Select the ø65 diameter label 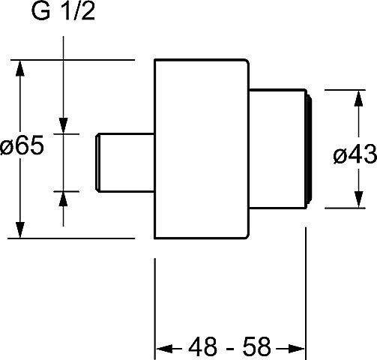(x=22, y=145)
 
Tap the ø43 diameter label (x=355, y=154)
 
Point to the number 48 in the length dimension (x=202, y=346)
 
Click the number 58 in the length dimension (x=257, y=346)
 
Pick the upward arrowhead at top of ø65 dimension (x=20, y=68)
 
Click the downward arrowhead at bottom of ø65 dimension (x=20, y=230)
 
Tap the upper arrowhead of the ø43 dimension (x=358, y=99)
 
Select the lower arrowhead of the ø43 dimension (x=358, y=199)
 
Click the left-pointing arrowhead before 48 (x=164, y=348)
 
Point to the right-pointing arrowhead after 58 (x=297, y=348)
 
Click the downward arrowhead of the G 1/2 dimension (x=63, y=126)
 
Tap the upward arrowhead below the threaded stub (x=63, y=199)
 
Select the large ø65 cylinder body (x=202, y=149)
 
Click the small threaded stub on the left (x=125, y=163)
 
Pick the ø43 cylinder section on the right (x=277, y=148)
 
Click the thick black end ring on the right (x=310, y=148)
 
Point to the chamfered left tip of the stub (x=97, y=163)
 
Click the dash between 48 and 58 (x=230, y=348)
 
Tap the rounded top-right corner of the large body (x=247, y=61)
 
